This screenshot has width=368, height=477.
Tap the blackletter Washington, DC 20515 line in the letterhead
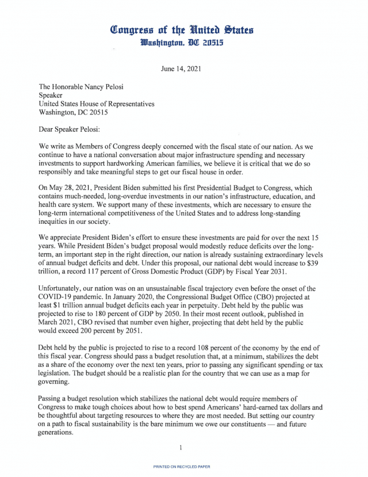[x=183, y=43]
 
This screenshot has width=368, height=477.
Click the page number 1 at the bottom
[x=181, y=448]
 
